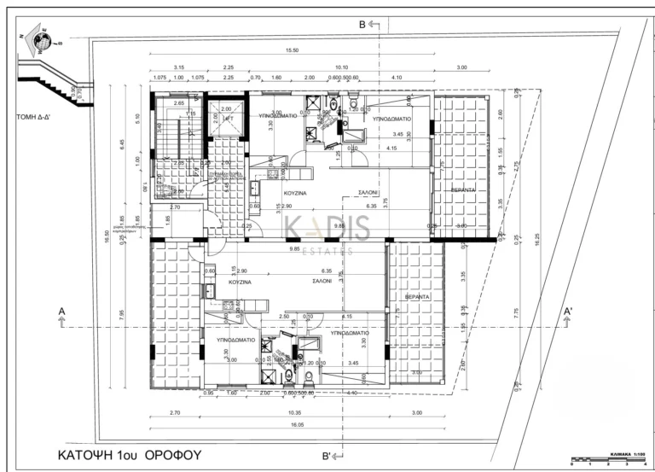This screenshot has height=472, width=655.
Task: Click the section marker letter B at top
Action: pos(362,25)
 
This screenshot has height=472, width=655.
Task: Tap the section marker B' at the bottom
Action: pos(327,455)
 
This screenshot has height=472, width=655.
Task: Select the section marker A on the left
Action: pos(61,312)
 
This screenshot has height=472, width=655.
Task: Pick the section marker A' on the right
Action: pos(568,312)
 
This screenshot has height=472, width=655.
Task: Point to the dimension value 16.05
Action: pos(290,424)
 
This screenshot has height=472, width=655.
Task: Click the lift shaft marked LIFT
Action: pos(227,119)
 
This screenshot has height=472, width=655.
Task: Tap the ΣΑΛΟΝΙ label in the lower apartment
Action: pos(322,281)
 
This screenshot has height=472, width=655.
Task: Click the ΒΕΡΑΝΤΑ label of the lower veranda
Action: pos(418,296)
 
